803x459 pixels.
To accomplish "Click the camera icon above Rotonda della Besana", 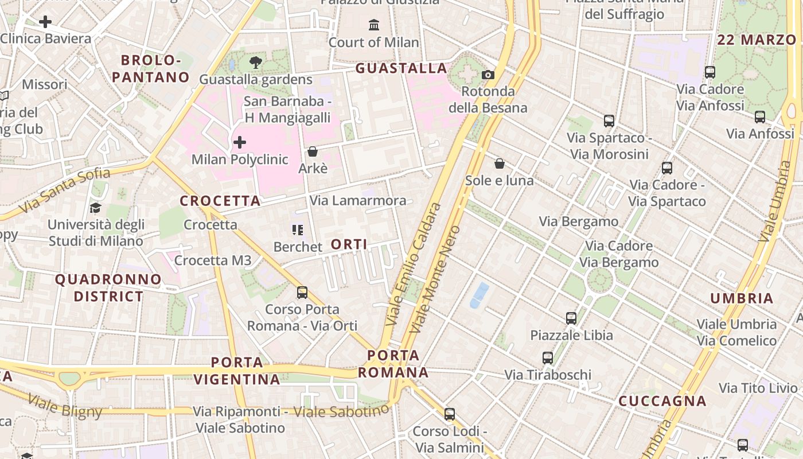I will (488, 75).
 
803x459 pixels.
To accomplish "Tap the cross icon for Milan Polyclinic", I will (240, 142).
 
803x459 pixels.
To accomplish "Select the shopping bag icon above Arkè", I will (313, 151).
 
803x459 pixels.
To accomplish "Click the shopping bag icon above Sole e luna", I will (500, 164).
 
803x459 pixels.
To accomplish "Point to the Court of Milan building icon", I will (374, 25).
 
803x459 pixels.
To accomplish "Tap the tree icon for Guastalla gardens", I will (256, 63).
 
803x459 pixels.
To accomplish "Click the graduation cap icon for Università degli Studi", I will (95, 208).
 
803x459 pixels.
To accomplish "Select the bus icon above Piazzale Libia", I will (571, 318).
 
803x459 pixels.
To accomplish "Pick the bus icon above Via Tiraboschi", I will (548, 358).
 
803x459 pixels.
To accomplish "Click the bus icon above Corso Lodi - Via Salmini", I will (450, 414).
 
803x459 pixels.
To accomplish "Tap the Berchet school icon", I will (298, 230).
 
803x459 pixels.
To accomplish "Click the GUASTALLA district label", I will (401, 68).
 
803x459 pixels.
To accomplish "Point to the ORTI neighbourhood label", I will (349, 244).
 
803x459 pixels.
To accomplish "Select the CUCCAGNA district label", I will (662, 401).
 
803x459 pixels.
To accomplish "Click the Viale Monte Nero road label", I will (435, 279).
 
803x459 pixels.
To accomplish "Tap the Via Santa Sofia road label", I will (64, 189).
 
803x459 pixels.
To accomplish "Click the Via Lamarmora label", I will (358, 201).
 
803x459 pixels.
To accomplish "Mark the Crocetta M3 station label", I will (213, 260).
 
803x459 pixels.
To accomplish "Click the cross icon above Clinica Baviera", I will (45, 22).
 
